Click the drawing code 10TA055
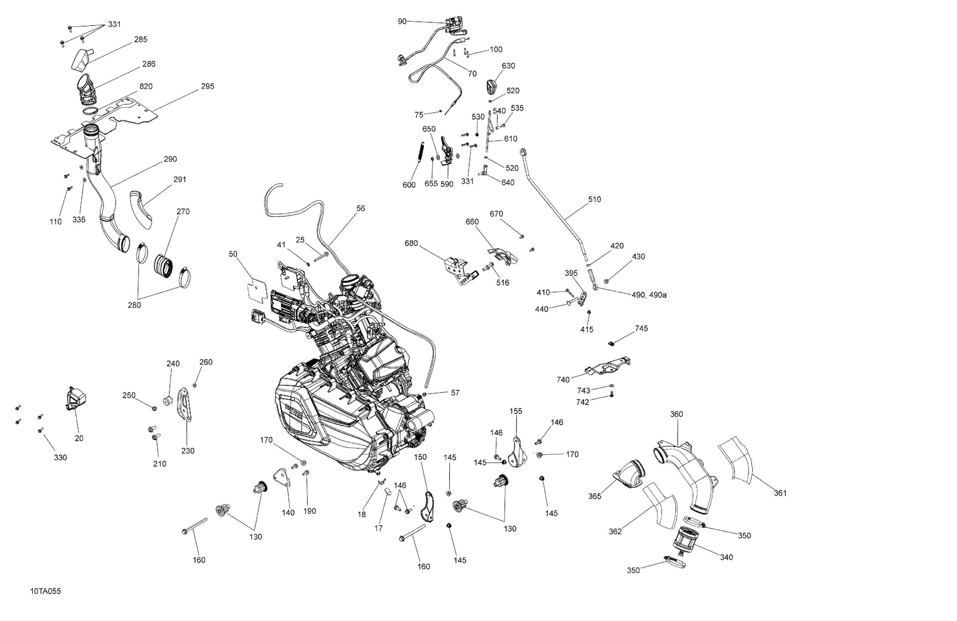[45, 592]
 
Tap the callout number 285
[141, 40]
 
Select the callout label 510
[594, 199]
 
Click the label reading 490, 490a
[649, 295]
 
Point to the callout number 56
[361, 208]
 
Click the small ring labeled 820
[91, 111]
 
